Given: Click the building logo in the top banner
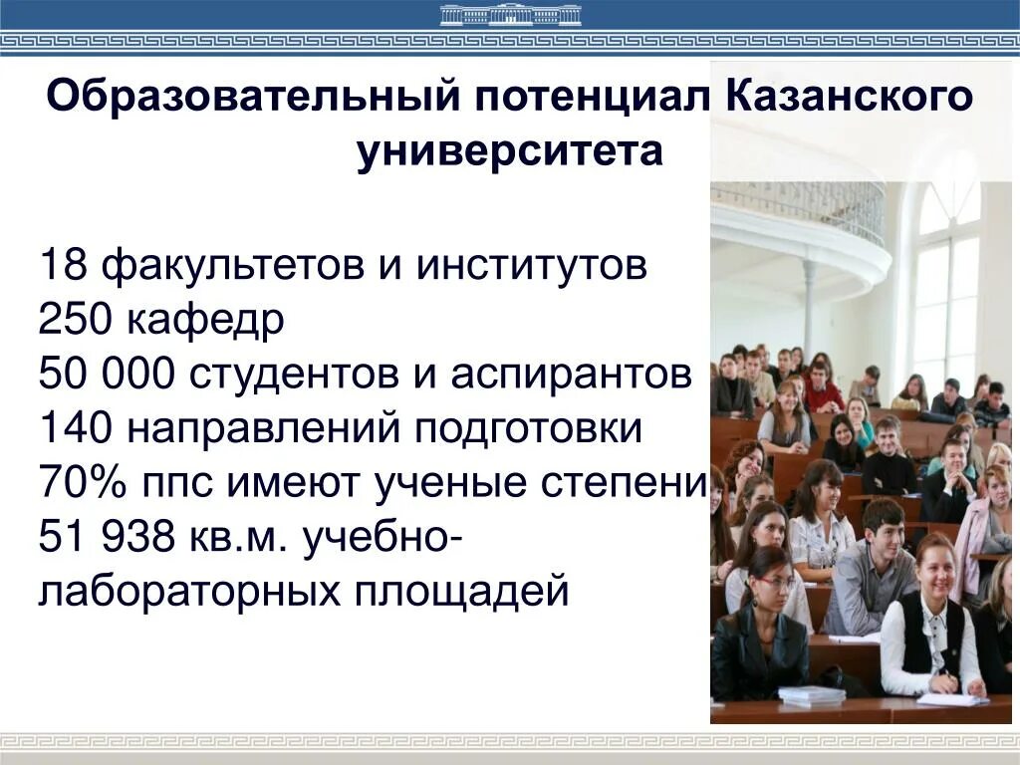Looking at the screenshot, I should [510, 15].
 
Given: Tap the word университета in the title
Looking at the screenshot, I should [510, 152].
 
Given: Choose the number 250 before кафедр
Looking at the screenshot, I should [76, 321].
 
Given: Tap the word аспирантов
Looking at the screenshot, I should [570, 376].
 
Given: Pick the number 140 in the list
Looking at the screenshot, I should [76, 429].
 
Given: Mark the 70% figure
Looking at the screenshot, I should [81, 484].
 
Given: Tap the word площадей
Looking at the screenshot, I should [461, 593].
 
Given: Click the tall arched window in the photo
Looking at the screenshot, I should [946, 279].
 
